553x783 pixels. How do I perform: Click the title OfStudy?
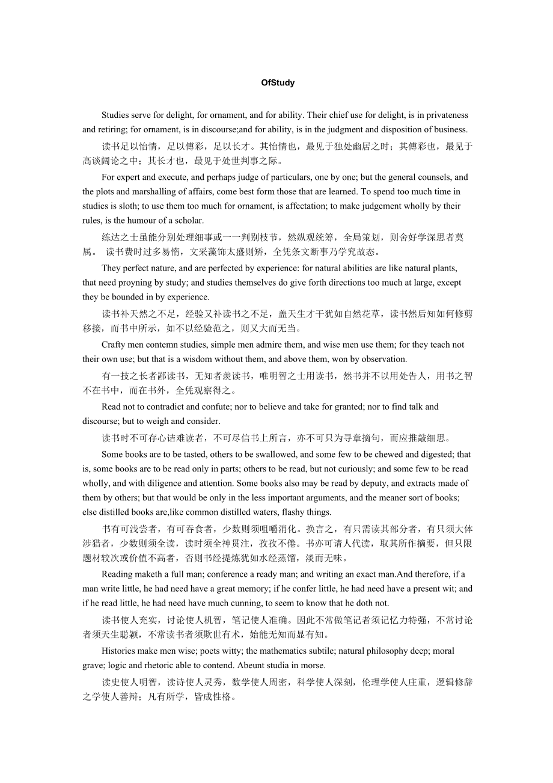click(x=278, y=83)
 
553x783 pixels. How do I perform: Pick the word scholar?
click(x=188, y=220)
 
